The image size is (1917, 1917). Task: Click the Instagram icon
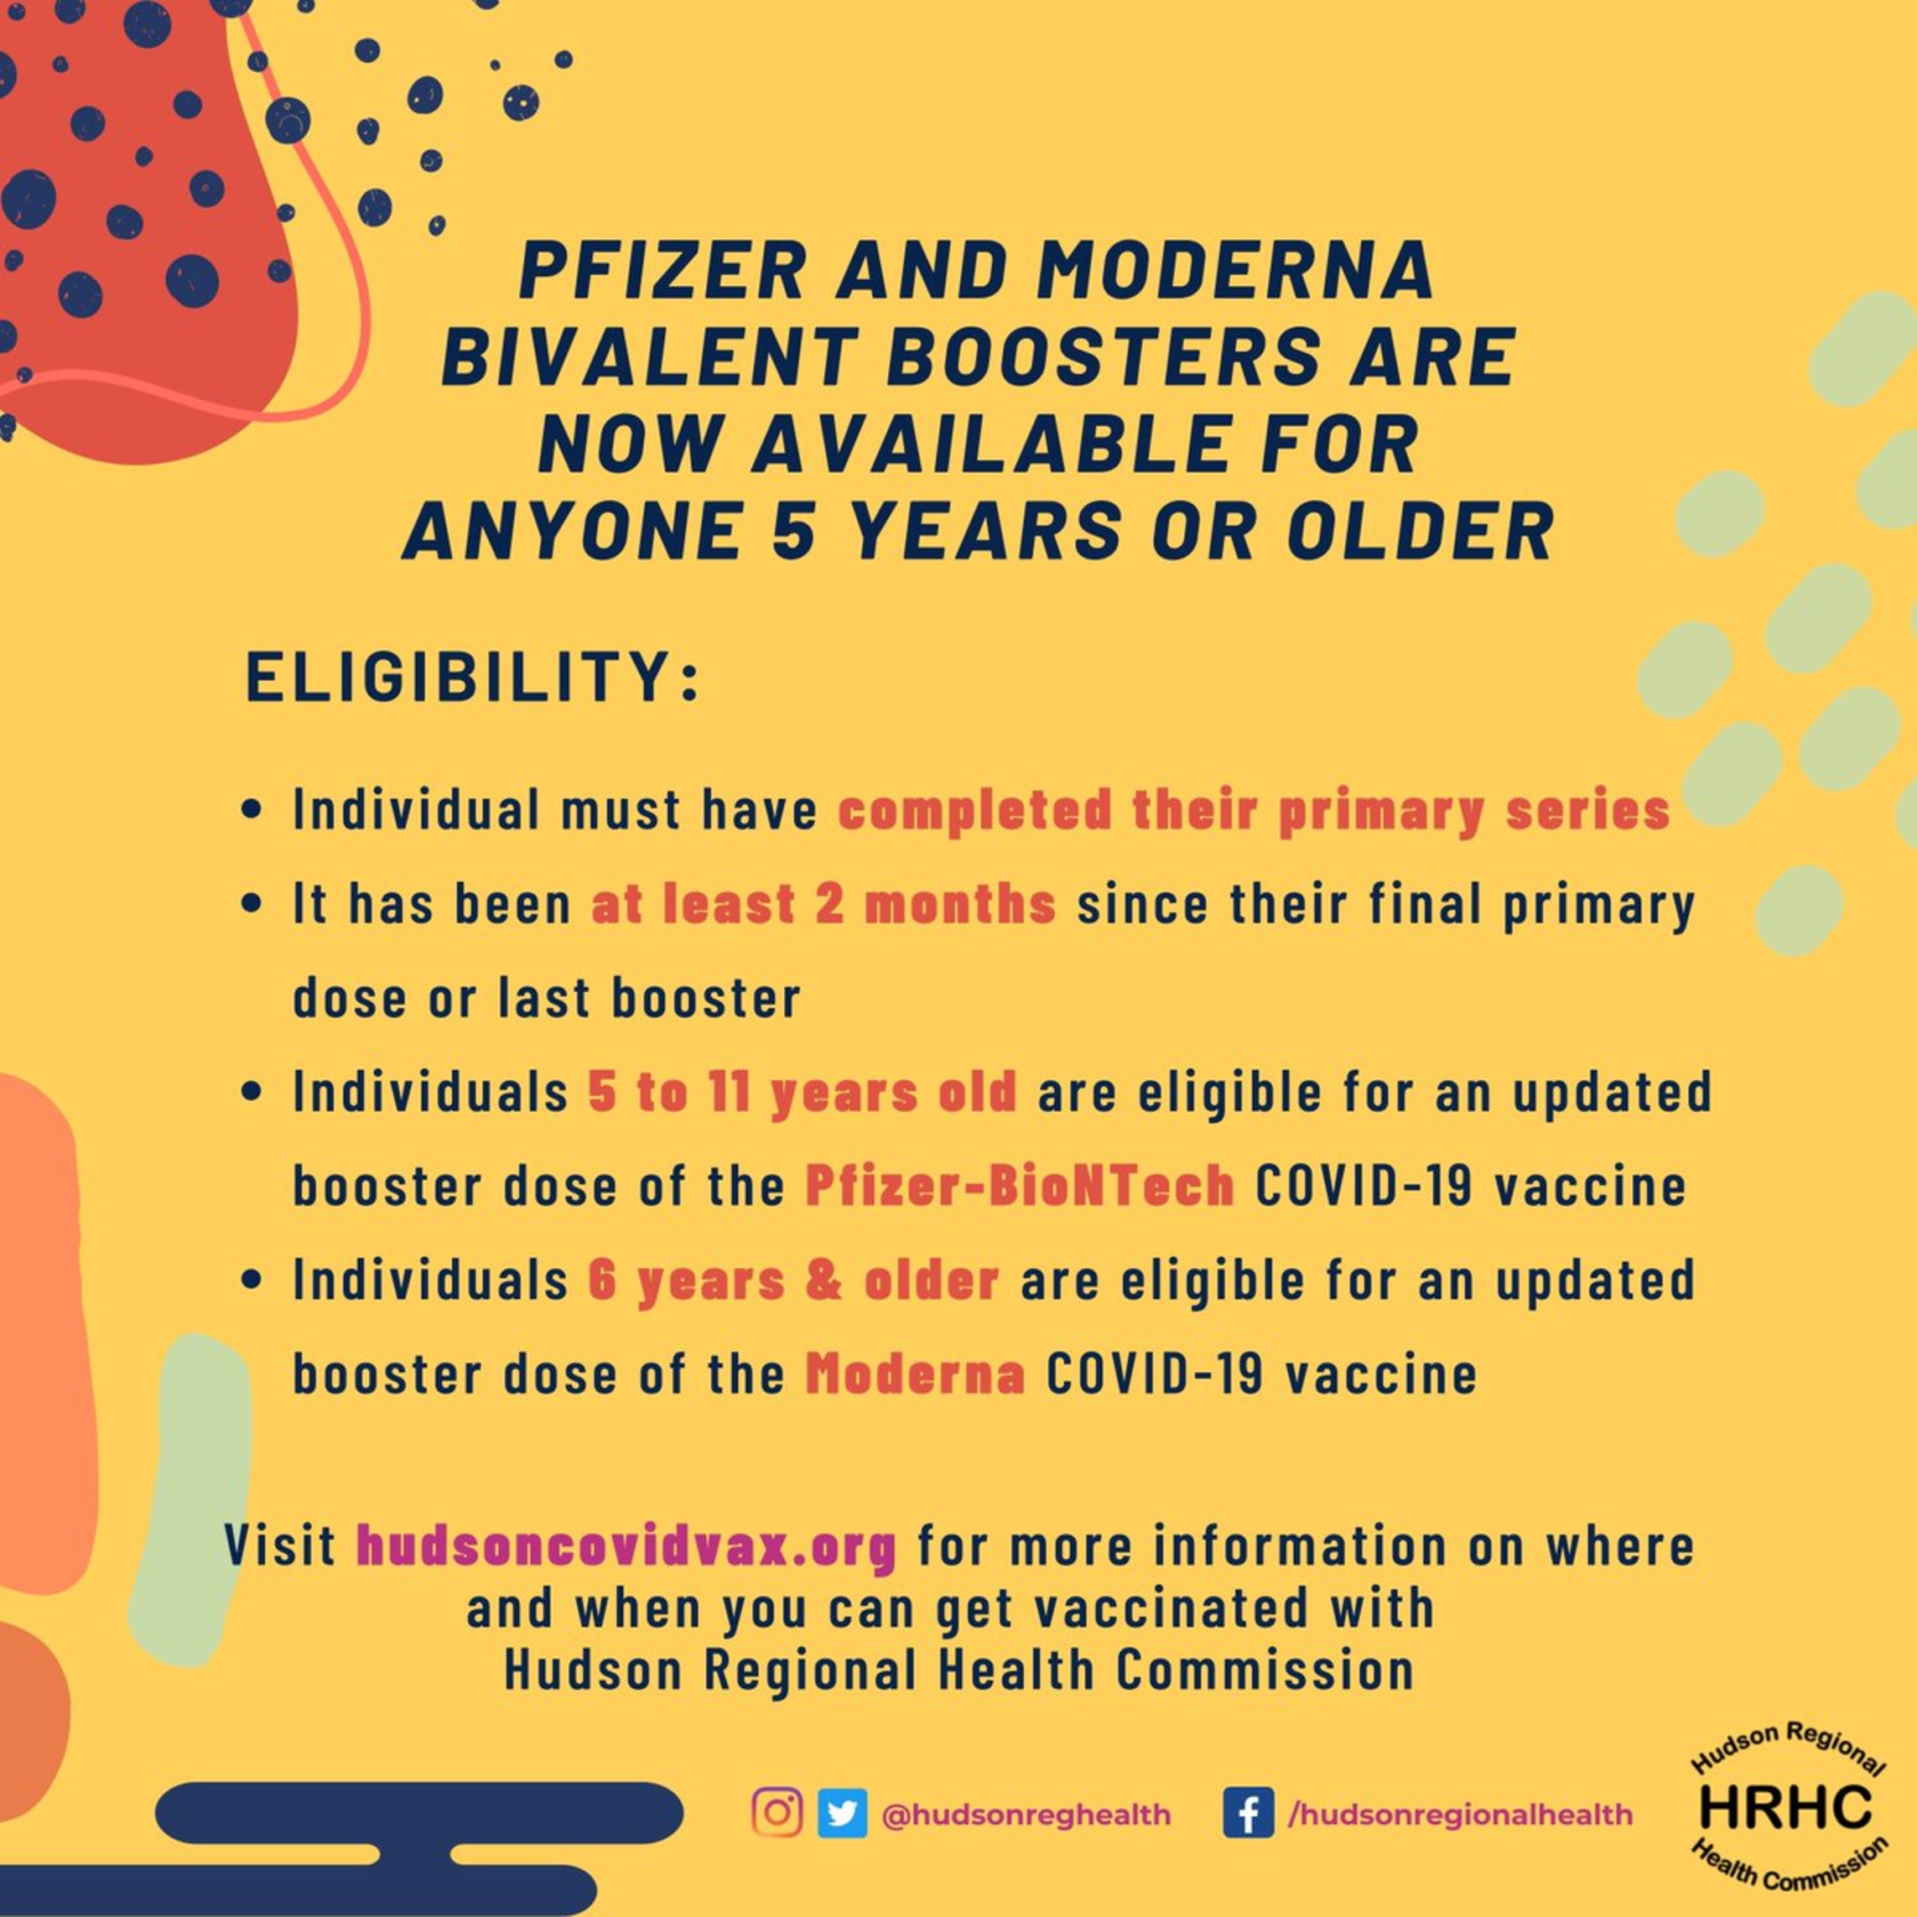tap(777, 1814)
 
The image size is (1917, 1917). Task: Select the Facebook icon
tap(1249, 1814)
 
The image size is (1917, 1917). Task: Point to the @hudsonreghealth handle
tap(1026, 1815)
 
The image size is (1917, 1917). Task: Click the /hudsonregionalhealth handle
tap(1460, 1815)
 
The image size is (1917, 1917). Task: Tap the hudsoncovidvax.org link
tap(626, 1546)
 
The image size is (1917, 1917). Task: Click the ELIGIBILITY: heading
tap(472, 677)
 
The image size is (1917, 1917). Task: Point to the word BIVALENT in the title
tap(651, 356)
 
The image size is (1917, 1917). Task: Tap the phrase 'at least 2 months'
tap(823, 904)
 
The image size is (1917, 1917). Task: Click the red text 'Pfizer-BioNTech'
tap(1020, 1185)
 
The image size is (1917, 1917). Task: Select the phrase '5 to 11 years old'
tap(802, 1092)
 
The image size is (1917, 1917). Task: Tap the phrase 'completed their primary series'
tap(1255, 810)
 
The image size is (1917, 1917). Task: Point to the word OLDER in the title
tap(1421, 532)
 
